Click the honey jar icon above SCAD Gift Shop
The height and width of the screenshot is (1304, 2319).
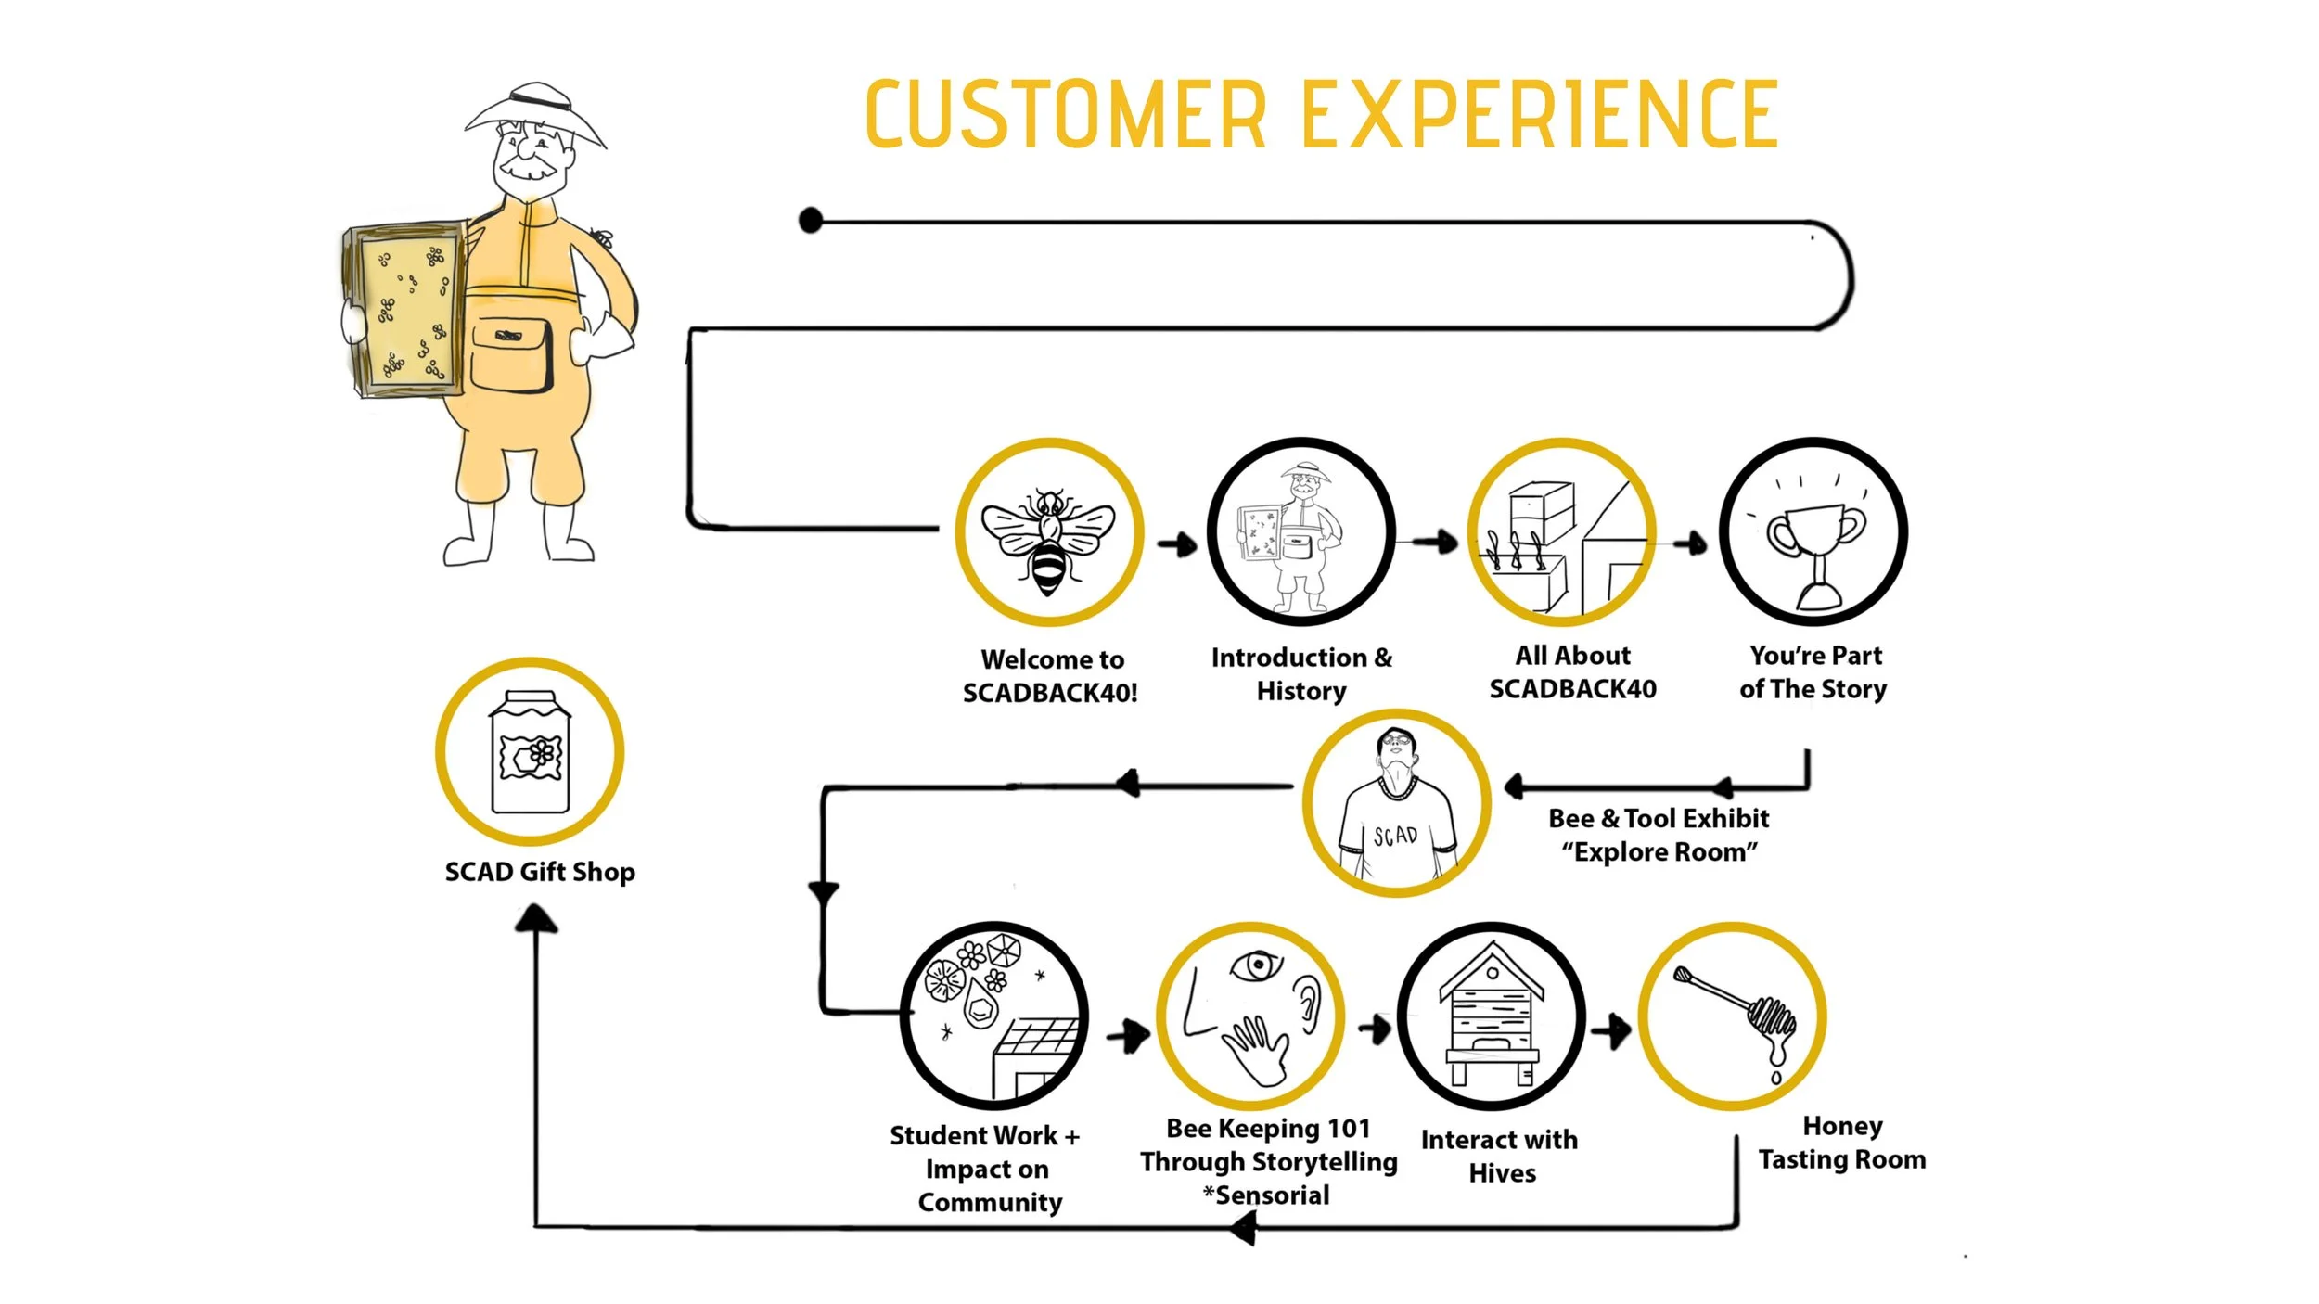[x=530, y=752]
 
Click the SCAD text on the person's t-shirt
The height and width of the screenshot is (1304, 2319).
[x=1395, y=836]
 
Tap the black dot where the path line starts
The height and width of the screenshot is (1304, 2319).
[x=811, y=221]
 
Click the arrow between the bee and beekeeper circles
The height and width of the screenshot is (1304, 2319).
[x=1177, y=544]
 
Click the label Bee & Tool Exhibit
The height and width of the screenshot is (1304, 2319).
[x=1659, y=818]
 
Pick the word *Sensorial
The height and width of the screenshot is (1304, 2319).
[x=1266, y=1195]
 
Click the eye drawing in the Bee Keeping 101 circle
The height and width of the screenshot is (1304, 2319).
[x=1257, y=965]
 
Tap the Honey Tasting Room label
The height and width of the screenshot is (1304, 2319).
[x=1841, y=1143]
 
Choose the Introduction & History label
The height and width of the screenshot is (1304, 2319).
[x=1301, y=674]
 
